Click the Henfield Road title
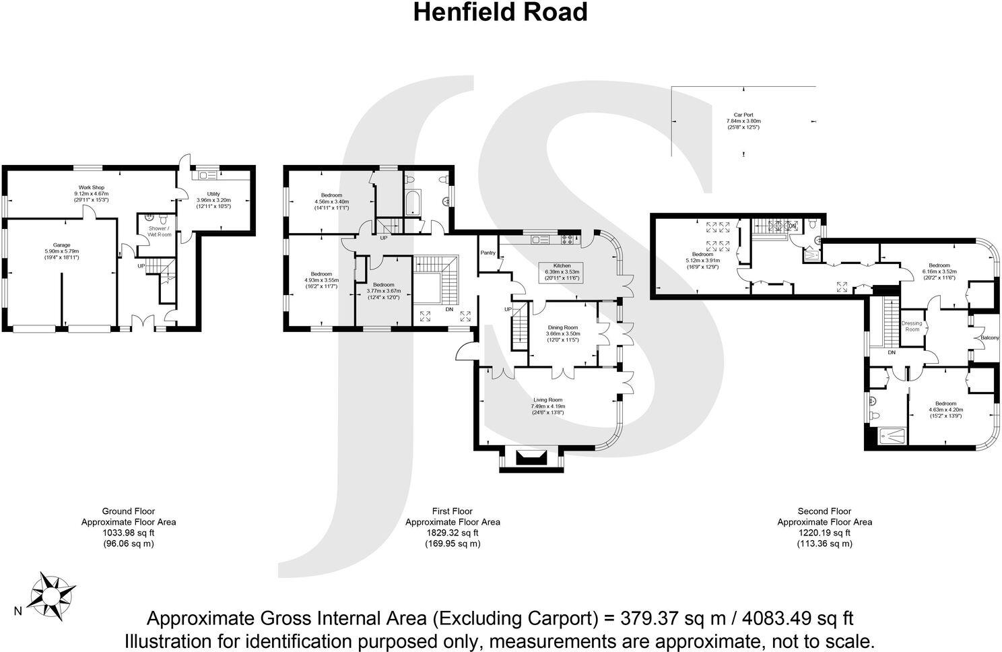pos(500,12)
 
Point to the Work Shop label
pos(92,187)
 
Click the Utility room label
pos(213,195)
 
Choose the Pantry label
pos(488,253)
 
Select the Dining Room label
pos(562,327)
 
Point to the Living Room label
pos(547,399)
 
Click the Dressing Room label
pos(912,326)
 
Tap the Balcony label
pos(990,337)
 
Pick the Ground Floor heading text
pos(128,511)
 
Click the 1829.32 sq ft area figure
pos(452,532)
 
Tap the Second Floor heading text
pos(824,511)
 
